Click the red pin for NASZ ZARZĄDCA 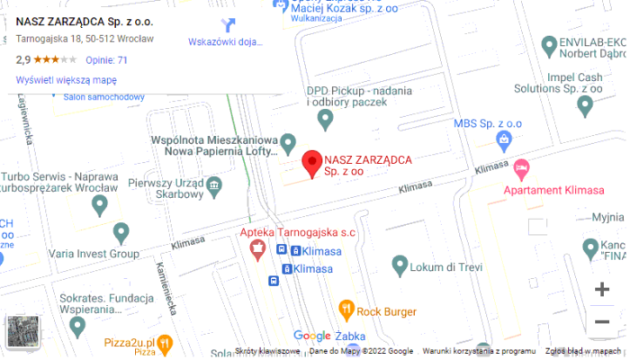[311, 163]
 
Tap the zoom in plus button [602, 290]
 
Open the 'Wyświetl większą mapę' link [67, 80]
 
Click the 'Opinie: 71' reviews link [106, 60]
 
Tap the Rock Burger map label [386, 311]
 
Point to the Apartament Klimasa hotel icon [521, 168]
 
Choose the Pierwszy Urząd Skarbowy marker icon [214, 186]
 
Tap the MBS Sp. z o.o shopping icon [504, 140]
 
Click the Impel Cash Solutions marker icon [585, 106]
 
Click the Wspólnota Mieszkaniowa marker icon [288, 143]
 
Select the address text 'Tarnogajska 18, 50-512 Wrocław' [85, 40]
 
